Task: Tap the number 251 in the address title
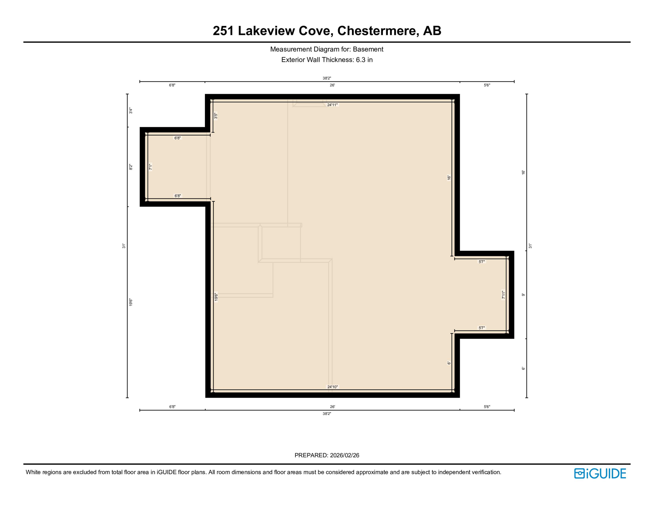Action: point(223,31)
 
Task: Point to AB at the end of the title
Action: point(432,31)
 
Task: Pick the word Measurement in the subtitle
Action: point(291,49)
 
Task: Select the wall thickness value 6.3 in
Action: point(364,60)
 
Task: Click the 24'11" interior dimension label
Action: point(332,105)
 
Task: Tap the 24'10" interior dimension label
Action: point(332,387)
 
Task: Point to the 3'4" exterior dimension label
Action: point(131,110)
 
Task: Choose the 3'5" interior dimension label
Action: point(216,116)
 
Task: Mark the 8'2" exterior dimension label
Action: point(131,167)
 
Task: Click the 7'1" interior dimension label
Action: point(150,167)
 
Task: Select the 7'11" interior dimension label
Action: point(503,295)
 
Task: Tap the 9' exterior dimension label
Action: point(523,295)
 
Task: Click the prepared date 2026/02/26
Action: point(344,455)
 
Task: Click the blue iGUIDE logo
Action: point(600,473)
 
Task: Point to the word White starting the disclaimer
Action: point(33,472)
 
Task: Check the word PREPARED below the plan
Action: point(311,455)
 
